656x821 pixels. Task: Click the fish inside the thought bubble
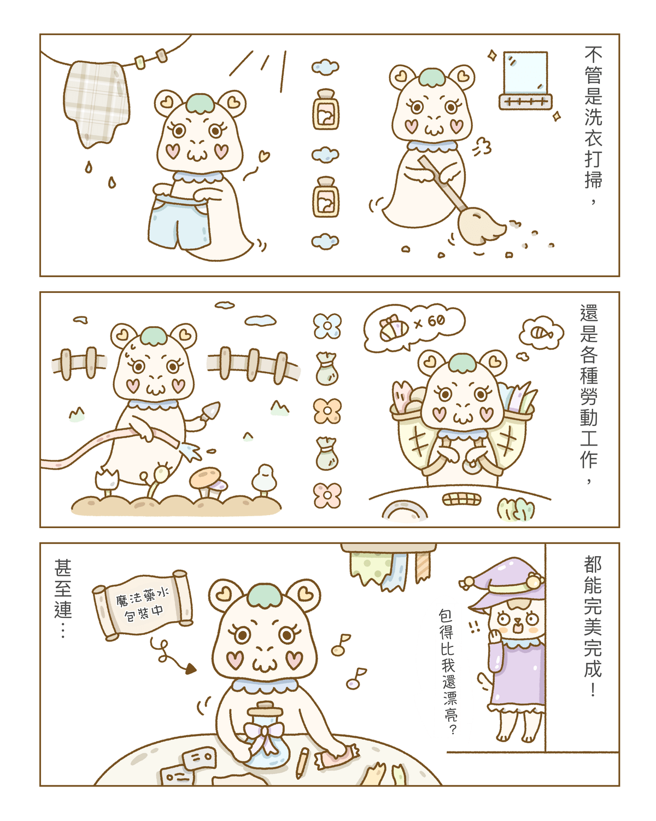[x=542, y=333]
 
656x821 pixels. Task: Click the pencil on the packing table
[x=302, y=763]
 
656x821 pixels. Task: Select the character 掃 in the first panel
[x=593, y=179]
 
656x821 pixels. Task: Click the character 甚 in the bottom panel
[x=63, y=568]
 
